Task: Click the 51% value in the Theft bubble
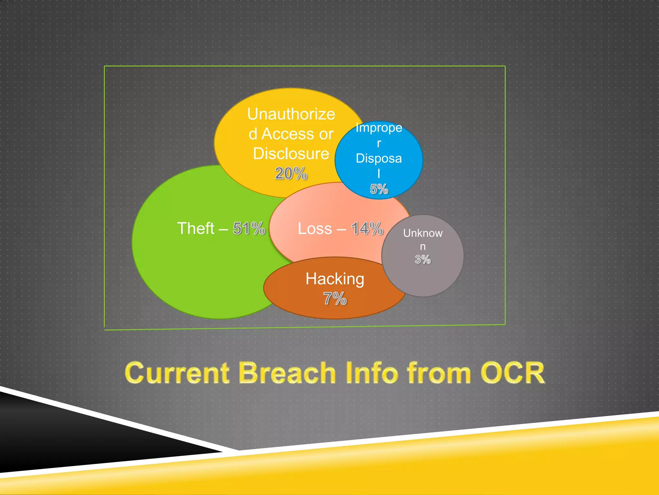(x=249, y=228)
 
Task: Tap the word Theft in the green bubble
(x=196, y=228)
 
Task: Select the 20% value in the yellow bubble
(x=291, y=174)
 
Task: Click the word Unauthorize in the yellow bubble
(x=291, y=114)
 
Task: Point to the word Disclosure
(x=291, y=154)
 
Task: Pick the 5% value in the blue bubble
(x=379, y=189)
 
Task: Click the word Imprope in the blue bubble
(x=379, y=128)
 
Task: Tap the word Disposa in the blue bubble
(x=379, y=159)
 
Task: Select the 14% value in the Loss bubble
(x=367, y=229)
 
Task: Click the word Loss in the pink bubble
(x=315, y=229)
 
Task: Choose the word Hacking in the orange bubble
(x=335, y=279)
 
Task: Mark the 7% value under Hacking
(x=335, y=298)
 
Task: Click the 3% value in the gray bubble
(x=422, y=259)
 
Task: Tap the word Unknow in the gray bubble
(x=423, y=233)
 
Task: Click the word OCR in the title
(x=512, y=373)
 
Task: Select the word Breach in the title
(x=287, y=373)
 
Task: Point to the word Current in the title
(x=177, y=373)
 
